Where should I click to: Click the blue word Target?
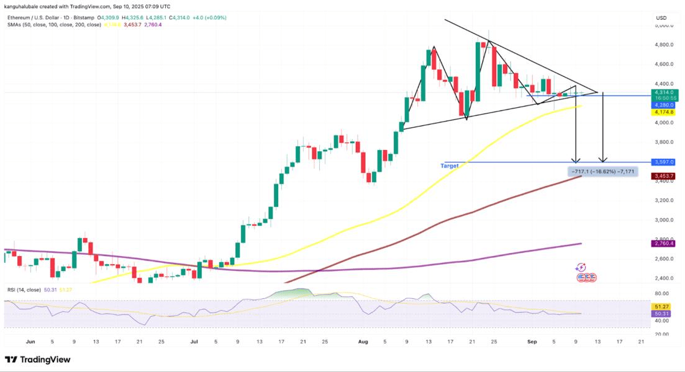coord(450,166)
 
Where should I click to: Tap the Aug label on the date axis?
coord(365,341)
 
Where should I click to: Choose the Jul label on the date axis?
coord(194,341)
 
